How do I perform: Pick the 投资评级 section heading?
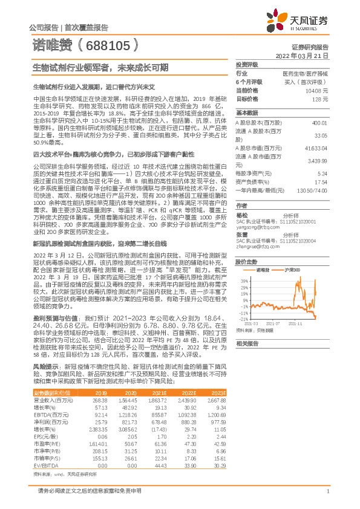point(247,63)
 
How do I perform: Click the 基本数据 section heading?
point(247,113)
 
